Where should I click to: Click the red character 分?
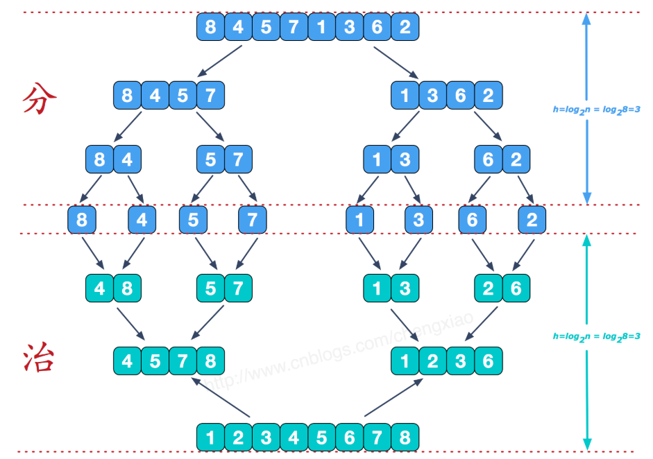tap(40, 99)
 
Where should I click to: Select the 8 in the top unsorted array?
tap(210, 28)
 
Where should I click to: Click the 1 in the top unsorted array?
tap(321, 28)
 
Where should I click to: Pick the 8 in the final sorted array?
tap(405, 438)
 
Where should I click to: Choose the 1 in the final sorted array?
tap(210, 438)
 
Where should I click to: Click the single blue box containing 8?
tap(82, 221)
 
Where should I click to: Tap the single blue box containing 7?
tap(252, 221)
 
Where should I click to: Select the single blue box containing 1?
tap(360, 221)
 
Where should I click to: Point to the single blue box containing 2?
tap(532, 221)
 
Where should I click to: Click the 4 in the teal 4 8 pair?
tap(99, 288)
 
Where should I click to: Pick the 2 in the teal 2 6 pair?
tap(489, 288)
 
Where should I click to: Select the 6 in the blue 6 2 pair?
tap(489, 159)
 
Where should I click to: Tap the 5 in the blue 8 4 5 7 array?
tap(183, 95)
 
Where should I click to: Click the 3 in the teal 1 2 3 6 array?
tap(460, 361)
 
